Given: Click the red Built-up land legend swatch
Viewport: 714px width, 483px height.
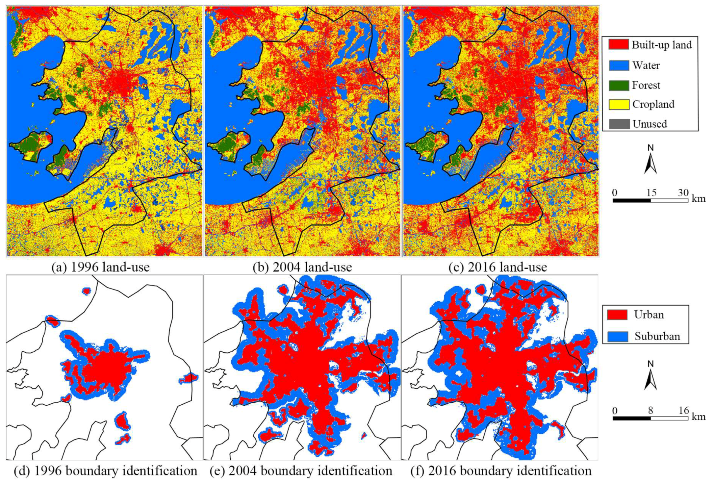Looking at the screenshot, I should [618, 45].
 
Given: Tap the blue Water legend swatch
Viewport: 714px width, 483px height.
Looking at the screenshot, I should [618, 65].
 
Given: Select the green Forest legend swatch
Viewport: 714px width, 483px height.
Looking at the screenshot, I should [618, 85].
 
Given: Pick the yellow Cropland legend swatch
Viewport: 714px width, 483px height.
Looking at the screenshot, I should [618, 104].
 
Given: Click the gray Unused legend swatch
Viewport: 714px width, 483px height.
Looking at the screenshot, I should [618, 124].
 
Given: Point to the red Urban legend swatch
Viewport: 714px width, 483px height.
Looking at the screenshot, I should [617, 314].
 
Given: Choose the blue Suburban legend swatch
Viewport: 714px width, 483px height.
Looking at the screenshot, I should [617, 336].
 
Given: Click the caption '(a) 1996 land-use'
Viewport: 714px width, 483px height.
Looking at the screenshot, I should [100, 267].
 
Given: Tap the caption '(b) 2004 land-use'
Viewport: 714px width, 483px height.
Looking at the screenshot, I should [302, 267].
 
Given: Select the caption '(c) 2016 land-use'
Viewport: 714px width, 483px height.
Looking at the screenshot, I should [498, 267].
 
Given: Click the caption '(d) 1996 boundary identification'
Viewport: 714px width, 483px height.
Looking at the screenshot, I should [105, 471].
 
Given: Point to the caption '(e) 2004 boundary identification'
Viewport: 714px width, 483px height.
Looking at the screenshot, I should [301, 471].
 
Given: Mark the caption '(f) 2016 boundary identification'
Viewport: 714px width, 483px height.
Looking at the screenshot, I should [501, 471].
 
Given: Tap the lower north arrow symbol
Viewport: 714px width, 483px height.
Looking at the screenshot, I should [650, 376].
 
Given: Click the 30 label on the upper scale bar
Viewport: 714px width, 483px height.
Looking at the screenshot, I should [683, 193].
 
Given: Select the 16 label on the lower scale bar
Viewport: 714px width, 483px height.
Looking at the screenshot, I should [684, 410].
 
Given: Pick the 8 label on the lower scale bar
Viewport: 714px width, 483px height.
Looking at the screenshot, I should [650, 410].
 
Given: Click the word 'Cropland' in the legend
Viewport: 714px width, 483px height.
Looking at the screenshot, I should [653, 104].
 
